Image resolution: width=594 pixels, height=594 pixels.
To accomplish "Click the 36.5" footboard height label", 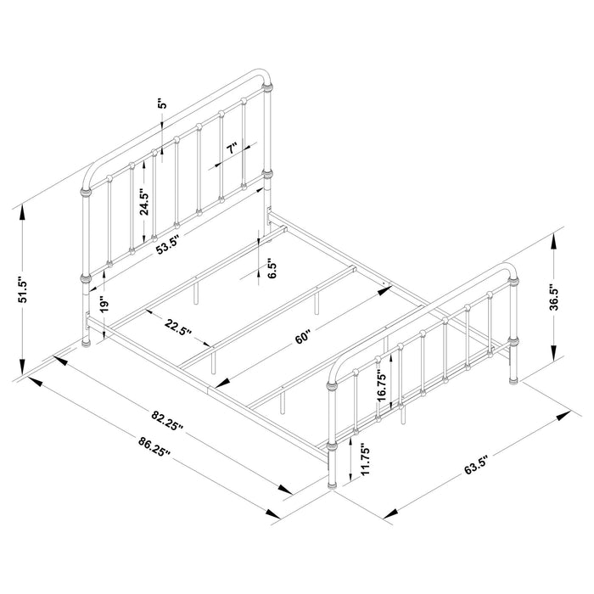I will click(x=552, y=299).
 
